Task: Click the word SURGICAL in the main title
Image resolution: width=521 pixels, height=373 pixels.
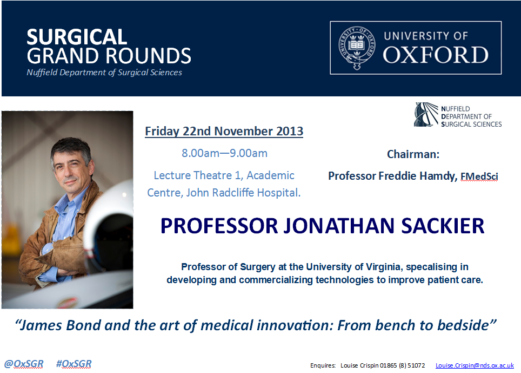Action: [77, 37]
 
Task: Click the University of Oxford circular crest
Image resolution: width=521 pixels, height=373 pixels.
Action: [357, 48]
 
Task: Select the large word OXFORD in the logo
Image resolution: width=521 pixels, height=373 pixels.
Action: [436, 55]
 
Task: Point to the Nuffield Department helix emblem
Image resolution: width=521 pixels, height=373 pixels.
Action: [426, 114]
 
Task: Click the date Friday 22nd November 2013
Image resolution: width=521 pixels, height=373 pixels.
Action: [224, 131]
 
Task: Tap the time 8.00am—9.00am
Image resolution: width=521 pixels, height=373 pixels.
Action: [224, 153]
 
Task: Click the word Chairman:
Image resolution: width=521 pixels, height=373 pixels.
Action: [413, 154]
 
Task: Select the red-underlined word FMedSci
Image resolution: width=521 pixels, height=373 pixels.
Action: [479, 176]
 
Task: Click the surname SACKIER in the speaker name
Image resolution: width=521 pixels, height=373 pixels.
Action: [443, 226]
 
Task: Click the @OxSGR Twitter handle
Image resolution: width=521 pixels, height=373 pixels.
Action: [24, 364]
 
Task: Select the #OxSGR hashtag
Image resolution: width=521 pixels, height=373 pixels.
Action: [74, 364]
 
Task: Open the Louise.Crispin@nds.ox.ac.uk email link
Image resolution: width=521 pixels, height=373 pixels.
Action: [475, 365]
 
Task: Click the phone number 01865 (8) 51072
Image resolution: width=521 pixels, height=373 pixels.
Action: [402, 365]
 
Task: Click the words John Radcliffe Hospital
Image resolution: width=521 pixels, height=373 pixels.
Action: [243, 193]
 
